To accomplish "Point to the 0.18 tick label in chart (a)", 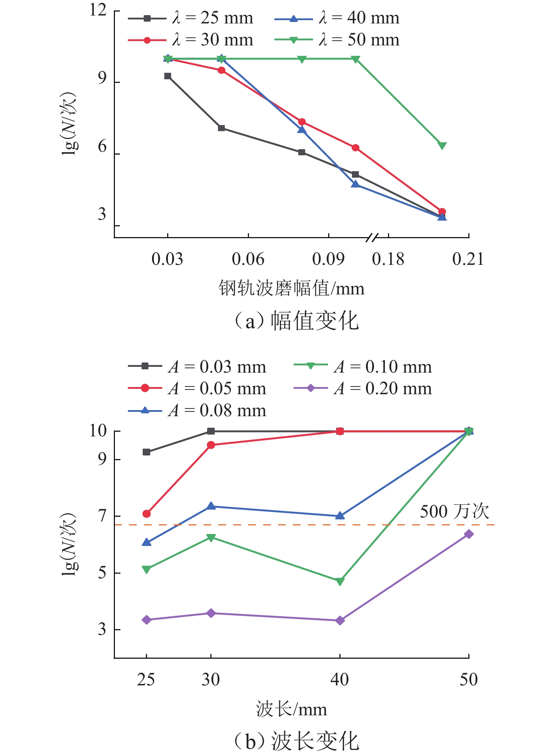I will [388, 259].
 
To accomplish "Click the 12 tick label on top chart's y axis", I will [98, 10].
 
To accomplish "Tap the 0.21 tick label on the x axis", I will [468, 259].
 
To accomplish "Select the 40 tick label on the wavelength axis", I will [339, 679].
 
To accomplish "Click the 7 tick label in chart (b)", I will [103, 516].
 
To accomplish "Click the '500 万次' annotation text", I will [455, 511].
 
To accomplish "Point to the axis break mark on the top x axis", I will [373, 237].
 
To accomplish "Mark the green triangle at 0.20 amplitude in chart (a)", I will [442, 146].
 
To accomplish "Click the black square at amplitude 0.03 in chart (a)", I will [168, 76].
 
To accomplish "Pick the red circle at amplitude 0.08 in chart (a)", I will [302, 122].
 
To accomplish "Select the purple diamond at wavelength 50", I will [468, 534].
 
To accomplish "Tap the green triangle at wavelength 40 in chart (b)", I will [340, 581].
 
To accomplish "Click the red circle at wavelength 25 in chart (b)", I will [146, 514].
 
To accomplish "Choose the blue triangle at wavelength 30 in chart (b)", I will [211, 506].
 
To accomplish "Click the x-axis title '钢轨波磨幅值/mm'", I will [291, 289].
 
